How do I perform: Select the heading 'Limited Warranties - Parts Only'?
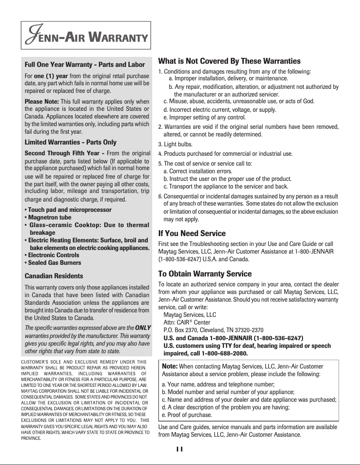pos(70,142)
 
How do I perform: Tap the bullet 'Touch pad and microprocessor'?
pos(68,210)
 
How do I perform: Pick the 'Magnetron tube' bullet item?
pos(47,217)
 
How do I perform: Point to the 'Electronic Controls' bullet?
pos(53,255)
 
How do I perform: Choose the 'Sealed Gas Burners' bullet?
pos(53,263)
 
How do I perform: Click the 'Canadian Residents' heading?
pos(54,276)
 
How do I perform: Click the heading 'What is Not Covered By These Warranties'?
pos(229,61)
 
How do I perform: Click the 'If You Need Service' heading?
pos(192,234)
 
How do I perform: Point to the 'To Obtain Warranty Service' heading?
pos(205,274)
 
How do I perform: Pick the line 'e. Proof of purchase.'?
pos(186,414)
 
